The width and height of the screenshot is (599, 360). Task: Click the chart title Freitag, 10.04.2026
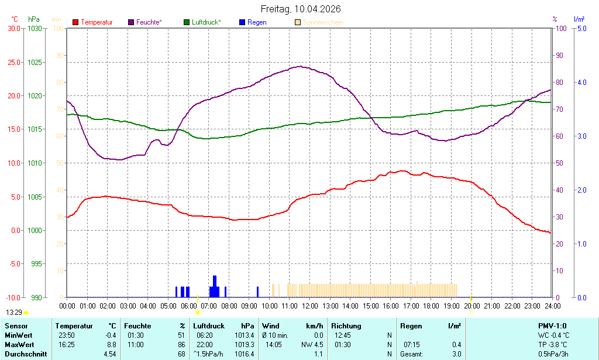point(300,9)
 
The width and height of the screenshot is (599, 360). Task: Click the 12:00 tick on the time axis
point(309,306)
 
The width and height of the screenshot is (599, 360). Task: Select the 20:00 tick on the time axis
point(471,306)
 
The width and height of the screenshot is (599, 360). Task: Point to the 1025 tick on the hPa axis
point(35,62)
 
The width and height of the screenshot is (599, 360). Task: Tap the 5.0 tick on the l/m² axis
point(581,28)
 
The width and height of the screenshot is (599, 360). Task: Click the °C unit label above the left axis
point(15,19)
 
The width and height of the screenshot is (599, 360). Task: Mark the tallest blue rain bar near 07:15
point(215,286)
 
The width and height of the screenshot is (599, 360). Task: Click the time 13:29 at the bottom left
point(14,313)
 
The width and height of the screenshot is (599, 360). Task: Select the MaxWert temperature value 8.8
point(111,345)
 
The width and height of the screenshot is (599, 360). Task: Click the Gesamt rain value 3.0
point(456,354)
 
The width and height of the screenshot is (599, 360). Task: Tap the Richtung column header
point(346,326)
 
